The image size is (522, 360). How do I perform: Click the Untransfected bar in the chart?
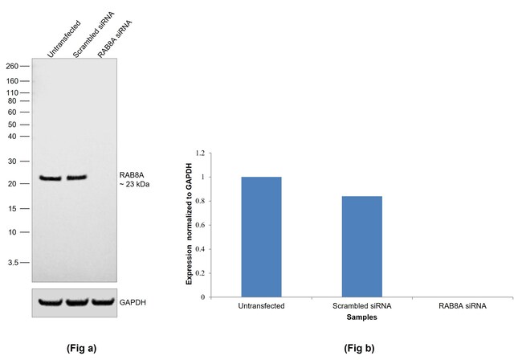[261, 236]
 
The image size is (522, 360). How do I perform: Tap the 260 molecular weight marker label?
[12, 66]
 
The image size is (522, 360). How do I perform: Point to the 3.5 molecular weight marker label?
[13, 263]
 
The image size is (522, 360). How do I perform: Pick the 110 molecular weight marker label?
[12, 93]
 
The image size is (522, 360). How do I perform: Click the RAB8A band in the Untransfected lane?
[51, 178]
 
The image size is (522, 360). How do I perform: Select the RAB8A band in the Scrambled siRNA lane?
[76, 178]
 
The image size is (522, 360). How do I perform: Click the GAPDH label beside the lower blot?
[133, 303]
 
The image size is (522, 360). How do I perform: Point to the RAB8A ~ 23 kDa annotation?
[134, 178]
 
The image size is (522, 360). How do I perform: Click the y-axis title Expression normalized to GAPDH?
[190, 225]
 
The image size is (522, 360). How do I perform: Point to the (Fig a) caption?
[81, 348]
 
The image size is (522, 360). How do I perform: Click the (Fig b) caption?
[358, 348]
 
